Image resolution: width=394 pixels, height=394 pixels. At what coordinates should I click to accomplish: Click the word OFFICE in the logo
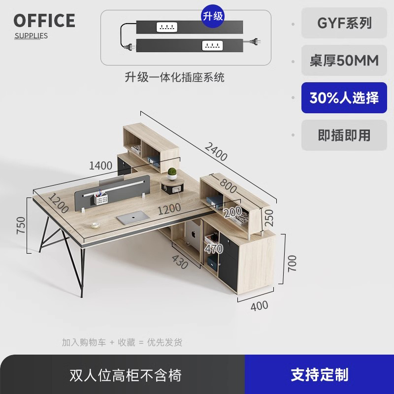coord(44,21)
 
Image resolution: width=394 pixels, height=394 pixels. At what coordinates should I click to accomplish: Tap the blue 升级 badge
coord(213,16)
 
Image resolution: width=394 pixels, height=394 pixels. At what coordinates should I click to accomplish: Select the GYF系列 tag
coord(344,23)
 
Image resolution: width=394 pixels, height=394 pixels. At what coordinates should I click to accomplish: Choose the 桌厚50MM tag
coord(344,61)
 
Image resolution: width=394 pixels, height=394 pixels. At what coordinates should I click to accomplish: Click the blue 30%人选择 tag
coord(344,98)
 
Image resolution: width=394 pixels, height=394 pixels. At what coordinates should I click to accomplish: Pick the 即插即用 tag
coord(344,135)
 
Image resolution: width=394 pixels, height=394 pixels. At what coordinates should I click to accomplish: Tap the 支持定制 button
coord(319,375)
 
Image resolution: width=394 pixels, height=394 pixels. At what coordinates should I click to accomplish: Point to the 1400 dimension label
coord(100,165)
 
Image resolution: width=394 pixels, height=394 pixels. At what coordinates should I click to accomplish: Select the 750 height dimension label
coord(21,225)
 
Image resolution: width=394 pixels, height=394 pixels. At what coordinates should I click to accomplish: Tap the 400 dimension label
coord(260,306)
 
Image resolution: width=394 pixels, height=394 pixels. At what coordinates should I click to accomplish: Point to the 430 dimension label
coord(180,262)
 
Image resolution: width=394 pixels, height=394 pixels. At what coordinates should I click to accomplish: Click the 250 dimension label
coord(269,217)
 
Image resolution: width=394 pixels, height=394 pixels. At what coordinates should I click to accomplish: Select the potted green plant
coord(172,174)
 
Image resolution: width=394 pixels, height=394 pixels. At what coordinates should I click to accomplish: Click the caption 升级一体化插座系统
coord(174,77)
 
